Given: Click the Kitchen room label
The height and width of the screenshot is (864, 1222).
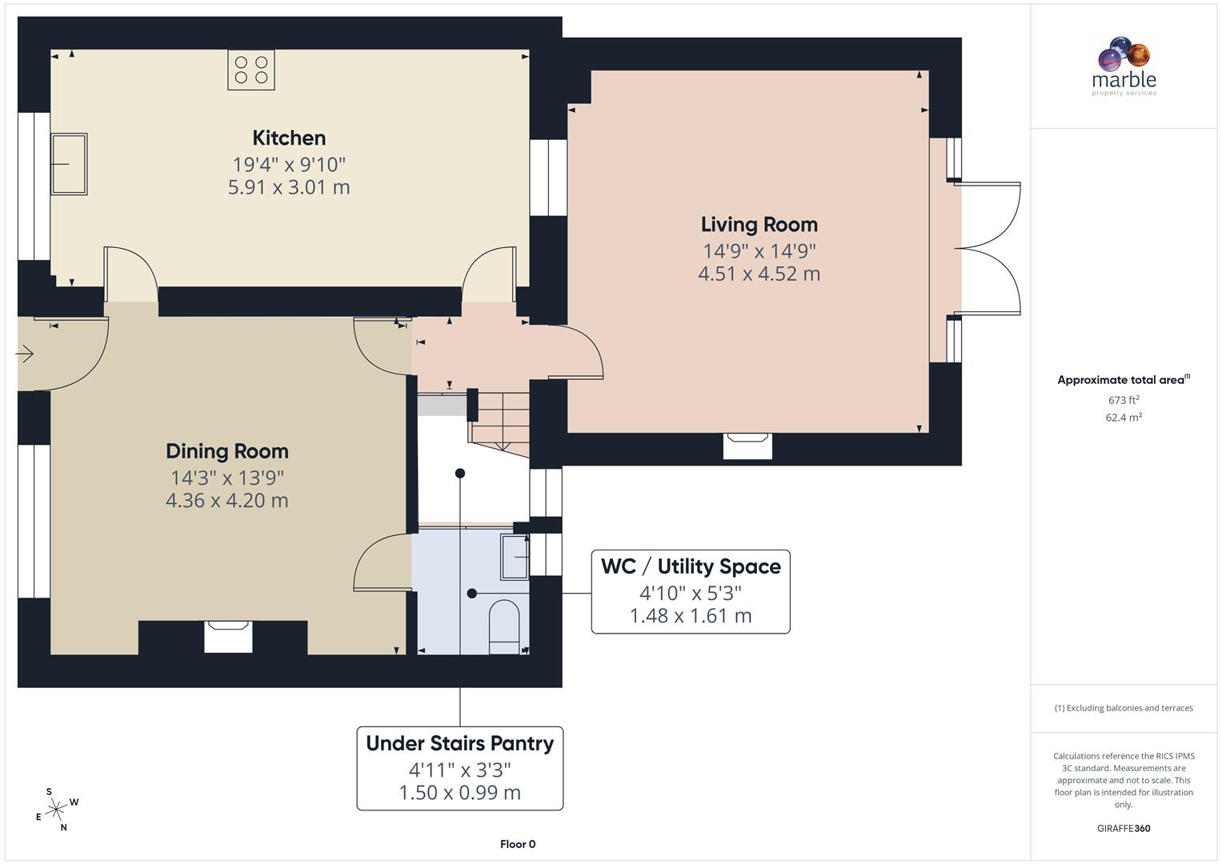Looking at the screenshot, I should pyautogui.click(x=289, y=138).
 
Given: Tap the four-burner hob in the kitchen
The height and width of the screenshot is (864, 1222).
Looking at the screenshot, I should pyautogui.click(x=251, y=70).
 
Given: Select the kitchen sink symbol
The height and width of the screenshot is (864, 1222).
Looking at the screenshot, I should pyautogui.click(x=69, y=164).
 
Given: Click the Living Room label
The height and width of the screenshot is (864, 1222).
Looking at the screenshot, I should pyautogui.click(x=759, y=225).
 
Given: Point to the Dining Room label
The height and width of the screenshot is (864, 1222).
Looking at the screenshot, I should pyautogui.click(x=226, y=451).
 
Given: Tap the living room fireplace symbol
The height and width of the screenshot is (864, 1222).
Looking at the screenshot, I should pyautogui.click(x=747, y=446).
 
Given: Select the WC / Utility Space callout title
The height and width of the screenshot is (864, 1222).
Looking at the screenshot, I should pyautogui.click(x=691, y=566).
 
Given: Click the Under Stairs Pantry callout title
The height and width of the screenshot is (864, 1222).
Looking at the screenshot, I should pyautogui.click(x=459, y=743).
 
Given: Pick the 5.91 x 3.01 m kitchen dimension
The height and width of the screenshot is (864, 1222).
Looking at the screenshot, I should pyautogui.click(x=289, y=187).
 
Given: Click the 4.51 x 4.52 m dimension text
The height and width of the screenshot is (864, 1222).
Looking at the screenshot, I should pyautogui.click(x=759, y=274).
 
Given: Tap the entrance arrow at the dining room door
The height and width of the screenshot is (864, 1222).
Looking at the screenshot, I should pyautogui.click(x=25, y=354).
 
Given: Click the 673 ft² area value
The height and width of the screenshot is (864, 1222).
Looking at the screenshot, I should pyautogui.click(x=1124, y=400).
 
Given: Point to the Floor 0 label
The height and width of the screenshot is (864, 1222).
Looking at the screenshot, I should pyautogui.click(x=518, y=844).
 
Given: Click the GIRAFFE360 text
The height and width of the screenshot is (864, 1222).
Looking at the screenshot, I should pyautogui.click(x=1124, y=828).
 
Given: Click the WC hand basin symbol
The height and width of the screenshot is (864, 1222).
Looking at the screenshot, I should pyautogui.click(x=515, y=555).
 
